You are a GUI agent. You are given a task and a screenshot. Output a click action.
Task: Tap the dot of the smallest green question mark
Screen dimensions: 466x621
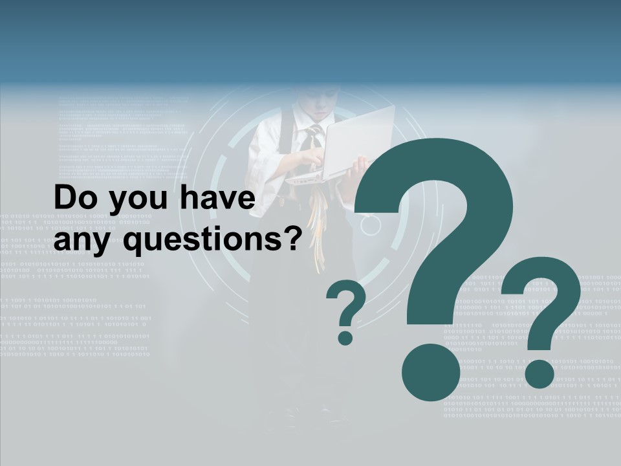click(x=346, y=337)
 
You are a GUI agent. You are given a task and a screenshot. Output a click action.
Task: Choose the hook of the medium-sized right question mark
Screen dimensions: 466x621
click(x=543, y=291)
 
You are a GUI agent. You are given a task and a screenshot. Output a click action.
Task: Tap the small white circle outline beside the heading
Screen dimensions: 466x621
click(x=371, y=225)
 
